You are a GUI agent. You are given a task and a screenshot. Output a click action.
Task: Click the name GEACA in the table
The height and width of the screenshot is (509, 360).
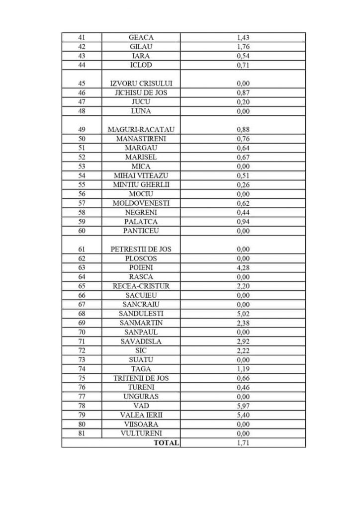pyautogui.click(x=141, y=37)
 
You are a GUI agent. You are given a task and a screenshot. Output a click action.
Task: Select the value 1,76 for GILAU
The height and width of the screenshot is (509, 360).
pyautogui.click(x=243, y=47)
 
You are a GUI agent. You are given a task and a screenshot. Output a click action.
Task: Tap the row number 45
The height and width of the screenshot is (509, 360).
pyautogui.click(x=82, y=84)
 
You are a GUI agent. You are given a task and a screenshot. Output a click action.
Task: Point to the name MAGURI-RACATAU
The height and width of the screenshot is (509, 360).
pyautogui.click(x=141, y=130)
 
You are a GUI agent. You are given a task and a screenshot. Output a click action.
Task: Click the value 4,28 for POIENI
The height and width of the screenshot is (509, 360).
pyautogui.click(x=243, y=267)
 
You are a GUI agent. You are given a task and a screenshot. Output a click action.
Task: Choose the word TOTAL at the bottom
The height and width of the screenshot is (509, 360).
pyautogui.click(x=166, y=442)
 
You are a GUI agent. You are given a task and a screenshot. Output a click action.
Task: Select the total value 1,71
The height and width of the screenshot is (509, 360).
pyautogui.click(x=243, y=442)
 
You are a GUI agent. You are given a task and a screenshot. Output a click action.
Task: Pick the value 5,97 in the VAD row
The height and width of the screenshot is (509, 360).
pyautogui.click(x=243, y=406)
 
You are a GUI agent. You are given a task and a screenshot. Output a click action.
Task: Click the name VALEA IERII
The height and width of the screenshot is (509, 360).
pyautogui.click(x=141, y=415)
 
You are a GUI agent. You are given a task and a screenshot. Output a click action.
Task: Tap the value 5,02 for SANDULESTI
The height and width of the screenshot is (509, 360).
pyautogui.click(x=243, y=314)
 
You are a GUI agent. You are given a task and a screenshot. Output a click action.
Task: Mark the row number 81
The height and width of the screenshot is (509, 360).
pyautogui.click(x=82, y=433)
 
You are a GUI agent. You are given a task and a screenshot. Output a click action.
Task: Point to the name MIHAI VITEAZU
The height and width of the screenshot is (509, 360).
pyautogui.click(x=141, y=175)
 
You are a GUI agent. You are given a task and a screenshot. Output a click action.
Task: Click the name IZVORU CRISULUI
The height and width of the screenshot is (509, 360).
pyautogui.click(x=141, y=84)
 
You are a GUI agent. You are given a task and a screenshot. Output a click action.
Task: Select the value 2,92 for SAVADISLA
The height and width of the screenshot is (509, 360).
pyautogui.click(x=243, y=341)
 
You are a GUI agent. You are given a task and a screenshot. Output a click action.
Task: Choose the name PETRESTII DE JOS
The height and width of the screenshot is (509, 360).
pyautogui.click(x=141, y=249)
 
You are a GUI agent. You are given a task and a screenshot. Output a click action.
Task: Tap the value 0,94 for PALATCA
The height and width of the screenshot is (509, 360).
pyautogui.click(x=243, y=222)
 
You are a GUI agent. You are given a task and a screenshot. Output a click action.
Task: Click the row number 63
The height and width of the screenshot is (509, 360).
pyautogui.click(x=82, y=267)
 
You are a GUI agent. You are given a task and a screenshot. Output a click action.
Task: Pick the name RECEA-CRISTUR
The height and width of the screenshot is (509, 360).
pyautogui.click(x=141, y=286)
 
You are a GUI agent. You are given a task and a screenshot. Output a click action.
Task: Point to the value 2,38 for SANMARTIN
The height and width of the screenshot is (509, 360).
pyautogui.click(x=243, y=323)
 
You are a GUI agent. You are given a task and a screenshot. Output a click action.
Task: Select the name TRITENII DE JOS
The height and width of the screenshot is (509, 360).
pyautogui.click(x=141, y=378)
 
